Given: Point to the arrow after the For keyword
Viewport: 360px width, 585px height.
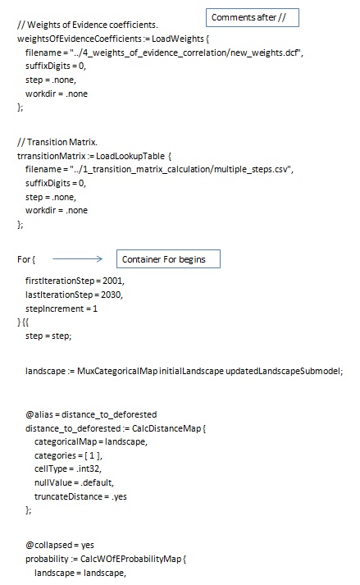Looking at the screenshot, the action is (x=77, y=258).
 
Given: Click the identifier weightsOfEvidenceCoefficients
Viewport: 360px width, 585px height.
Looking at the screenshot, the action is (x=80, y=39).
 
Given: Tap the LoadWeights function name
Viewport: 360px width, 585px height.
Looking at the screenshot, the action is (x=178, y=39).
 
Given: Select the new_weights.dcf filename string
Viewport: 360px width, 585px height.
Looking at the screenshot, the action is (x=186, y=53).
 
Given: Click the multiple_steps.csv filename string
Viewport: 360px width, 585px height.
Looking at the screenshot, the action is (x=182, y=169).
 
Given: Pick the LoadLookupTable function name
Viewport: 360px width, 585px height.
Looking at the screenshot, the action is (x=130, y=156).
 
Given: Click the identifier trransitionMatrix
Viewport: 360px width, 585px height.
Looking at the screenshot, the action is (x=51, y=156).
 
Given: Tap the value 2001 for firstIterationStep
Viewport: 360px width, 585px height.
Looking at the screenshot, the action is (x=113, y=281).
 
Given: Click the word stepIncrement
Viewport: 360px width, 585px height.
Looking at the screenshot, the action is (x=54, y=309).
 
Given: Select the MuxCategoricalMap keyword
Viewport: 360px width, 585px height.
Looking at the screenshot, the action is (x=117, y=371).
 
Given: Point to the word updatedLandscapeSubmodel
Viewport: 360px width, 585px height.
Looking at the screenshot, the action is (x=284, y=371).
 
